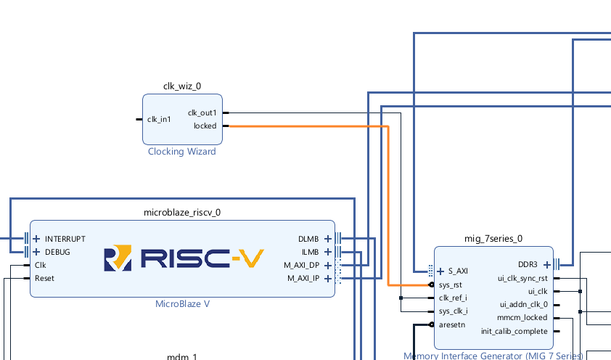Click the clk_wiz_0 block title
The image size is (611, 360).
181,86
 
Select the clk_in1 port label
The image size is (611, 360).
159,119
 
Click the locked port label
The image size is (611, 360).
205,126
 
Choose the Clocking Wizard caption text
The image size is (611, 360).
181,152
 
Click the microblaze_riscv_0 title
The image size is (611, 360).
182,213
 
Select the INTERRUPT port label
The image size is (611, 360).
65,239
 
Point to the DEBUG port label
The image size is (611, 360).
57,252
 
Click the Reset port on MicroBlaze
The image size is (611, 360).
44,278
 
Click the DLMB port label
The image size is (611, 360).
308,239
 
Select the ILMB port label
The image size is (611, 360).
309,252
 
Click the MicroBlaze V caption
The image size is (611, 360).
182,303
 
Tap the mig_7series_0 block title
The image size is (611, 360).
493,238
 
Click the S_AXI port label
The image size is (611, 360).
458,271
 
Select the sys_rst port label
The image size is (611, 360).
451,285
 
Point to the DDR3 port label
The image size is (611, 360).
528,264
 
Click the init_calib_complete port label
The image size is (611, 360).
514,331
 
